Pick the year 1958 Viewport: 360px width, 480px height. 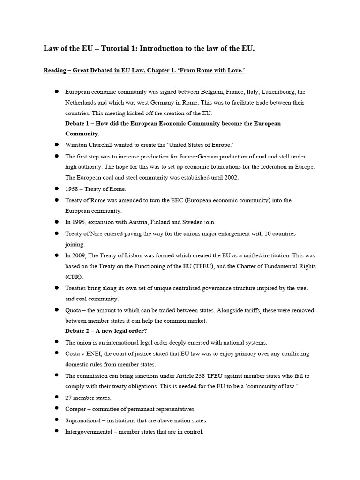pos(72,189)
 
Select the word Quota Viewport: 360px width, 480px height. pos(74,310)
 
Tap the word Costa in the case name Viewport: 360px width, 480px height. pos(73,353)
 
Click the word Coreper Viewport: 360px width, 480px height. pos(75,409)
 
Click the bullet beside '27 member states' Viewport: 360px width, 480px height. pos(56,397)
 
